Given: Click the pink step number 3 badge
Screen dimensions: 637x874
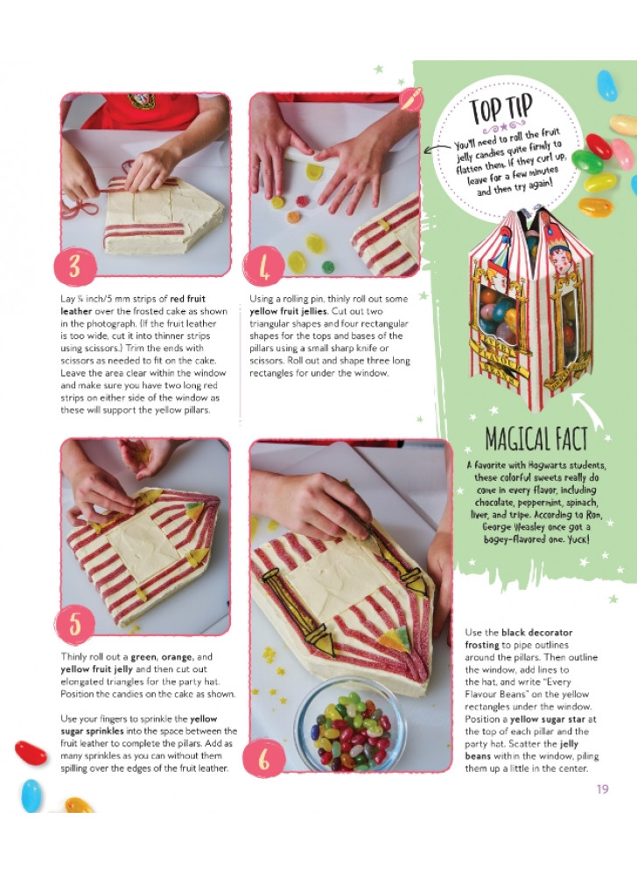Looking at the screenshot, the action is click(75, 267).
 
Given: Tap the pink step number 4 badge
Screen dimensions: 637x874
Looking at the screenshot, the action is click(264, 267).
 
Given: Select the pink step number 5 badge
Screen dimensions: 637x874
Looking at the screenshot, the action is click(74, 624).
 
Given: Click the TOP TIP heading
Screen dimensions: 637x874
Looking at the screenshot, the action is click(500, 108).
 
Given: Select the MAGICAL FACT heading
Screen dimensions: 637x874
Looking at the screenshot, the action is click(536, 439).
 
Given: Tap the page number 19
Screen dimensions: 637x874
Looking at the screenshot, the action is click(602, 788).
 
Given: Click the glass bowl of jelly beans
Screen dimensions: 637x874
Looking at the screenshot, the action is click(349, 725).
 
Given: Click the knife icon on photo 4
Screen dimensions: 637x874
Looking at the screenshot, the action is click(411, 100).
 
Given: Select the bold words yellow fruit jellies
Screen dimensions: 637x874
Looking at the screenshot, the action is click(288, 311).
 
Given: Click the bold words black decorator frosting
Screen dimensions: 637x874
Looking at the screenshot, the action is click(519, 639).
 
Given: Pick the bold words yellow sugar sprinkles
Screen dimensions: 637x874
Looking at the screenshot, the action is click(138, 725).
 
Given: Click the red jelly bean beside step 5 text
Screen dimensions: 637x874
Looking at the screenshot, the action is click(31, 753).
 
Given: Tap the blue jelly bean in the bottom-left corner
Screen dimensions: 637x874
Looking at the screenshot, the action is click(31, 795).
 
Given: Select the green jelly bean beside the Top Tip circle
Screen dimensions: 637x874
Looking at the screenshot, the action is click(587, 162).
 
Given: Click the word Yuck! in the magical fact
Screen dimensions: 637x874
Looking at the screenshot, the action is click(577, 539).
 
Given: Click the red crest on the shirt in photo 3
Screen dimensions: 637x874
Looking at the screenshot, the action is click(142, 101).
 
